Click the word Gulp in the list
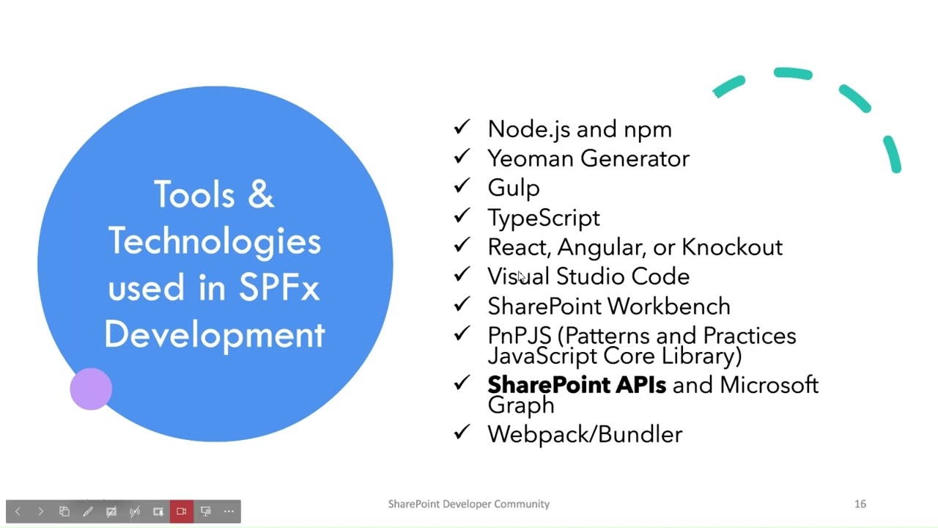coord(513,188)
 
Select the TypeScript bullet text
coord(543,218)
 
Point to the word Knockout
coord(731,247)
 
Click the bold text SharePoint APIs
coord(577,385)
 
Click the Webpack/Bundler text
coord(584,434)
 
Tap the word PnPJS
coord(519,336)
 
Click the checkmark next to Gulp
coord(461,186)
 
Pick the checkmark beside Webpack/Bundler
coord(461,432)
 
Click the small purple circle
coord(91,389)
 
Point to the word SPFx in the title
coord(279,288)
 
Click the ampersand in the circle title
coord(260,195)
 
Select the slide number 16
coord(860,504)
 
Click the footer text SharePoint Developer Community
coord(468,504)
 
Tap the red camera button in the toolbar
coord(182,511)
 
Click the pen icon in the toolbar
coord(88,511)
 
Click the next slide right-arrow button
coord(41,511)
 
